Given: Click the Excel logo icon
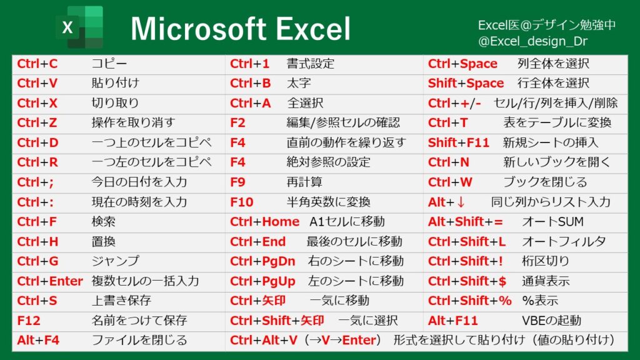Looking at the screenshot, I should pyautogui.click(x=79, y=27).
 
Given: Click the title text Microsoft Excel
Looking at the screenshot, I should pyautogui.click(x=241, y=29).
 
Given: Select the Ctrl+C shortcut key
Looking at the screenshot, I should pyautogui.click(x=37, y=64).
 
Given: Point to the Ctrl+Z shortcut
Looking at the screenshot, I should pyautogui.click(x=37, y=123).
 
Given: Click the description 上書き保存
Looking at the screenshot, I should pyautogui.click(x=121, y=301).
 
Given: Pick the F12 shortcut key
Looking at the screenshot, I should pyautogui.click(x=29, y=321).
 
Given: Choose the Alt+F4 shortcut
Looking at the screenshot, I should pyautogui.click(x=39, y=341).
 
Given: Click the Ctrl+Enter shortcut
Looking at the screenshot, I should pyautogui.click(x=50, y=281).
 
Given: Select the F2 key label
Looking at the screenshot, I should pyautogui.click(x=238, y=123).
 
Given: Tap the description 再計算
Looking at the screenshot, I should pyautogui.click(x=304, y=182).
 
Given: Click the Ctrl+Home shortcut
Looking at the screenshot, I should pyautogui.click(x=264, y=222).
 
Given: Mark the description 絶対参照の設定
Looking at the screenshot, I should pyautogui.click(x=328, y=162).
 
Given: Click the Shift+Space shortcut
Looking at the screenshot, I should pyautogui.click(x=466, y=84).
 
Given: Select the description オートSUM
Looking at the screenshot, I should pyautogui.click(x=552, y=222).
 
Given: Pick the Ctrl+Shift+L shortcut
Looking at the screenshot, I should pyautogui.click(x=467, y=242).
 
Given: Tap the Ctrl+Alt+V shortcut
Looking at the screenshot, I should pyautogui.click(x=262, y=341).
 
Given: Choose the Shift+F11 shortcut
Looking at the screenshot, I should pyautogui.click(x=459, y=143).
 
